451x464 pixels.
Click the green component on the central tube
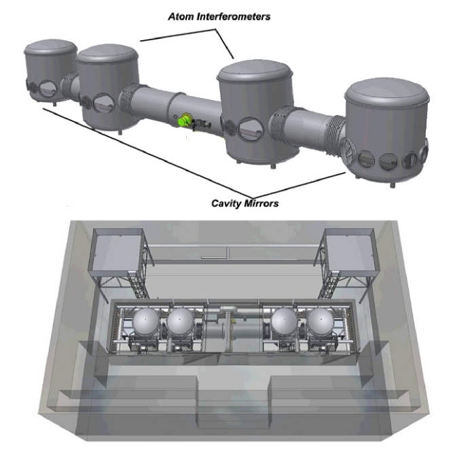tap(183, 120)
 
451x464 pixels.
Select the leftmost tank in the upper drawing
tap(50, 71)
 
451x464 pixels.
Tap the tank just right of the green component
tap(255, 112)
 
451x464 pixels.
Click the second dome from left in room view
tap(181, 322)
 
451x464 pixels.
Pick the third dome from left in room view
tap(284, 322)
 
